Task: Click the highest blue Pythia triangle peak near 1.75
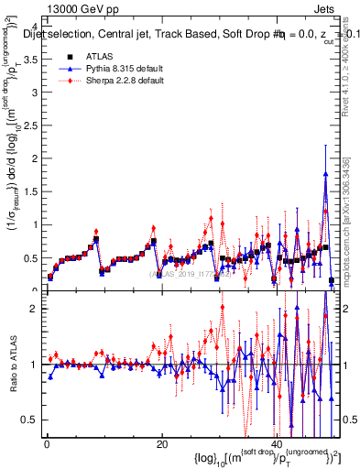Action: tap(325, 174)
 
